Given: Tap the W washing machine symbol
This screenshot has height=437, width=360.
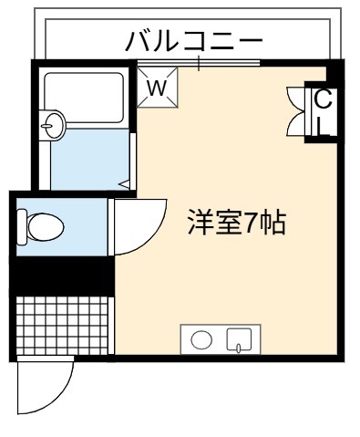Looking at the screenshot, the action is tap(157, 87).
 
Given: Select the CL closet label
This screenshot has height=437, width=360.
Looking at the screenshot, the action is tap(324, 112).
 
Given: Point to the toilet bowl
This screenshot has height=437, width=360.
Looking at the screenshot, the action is tap(46, 227).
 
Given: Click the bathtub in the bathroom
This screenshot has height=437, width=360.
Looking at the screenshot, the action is tap(84, 98).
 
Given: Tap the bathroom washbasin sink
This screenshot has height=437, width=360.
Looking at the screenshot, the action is tap(52, 125).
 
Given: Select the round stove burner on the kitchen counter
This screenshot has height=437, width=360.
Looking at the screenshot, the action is tap(201, 339).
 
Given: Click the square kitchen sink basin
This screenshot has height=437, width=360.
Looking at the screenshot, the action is tap(240, 339).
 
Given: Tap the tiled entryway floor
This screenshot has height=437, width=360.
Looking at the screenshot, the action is tap(62, 326).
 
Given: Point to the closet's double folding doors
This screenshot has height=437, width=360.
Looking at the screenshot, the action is tap(296, 111).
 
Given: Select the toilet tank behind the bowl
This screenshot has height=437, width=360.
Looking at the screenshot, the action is tap(22, 227).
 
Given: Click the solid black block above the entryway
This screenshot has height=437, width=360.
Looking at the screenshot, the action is tap(62, 276).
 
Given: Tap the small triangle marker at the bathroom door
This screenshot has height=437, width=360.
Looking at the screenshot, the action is tap(124, 184).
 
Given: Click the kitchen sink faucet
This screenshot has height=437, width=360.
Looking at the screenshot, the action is tap(239, 348).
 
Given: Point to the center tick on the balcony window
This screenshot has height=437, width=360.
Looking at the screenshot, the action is tap(199, 63).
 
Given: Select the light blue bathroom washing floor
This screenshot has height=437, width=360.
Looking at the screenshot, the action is tap(90, 159).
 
